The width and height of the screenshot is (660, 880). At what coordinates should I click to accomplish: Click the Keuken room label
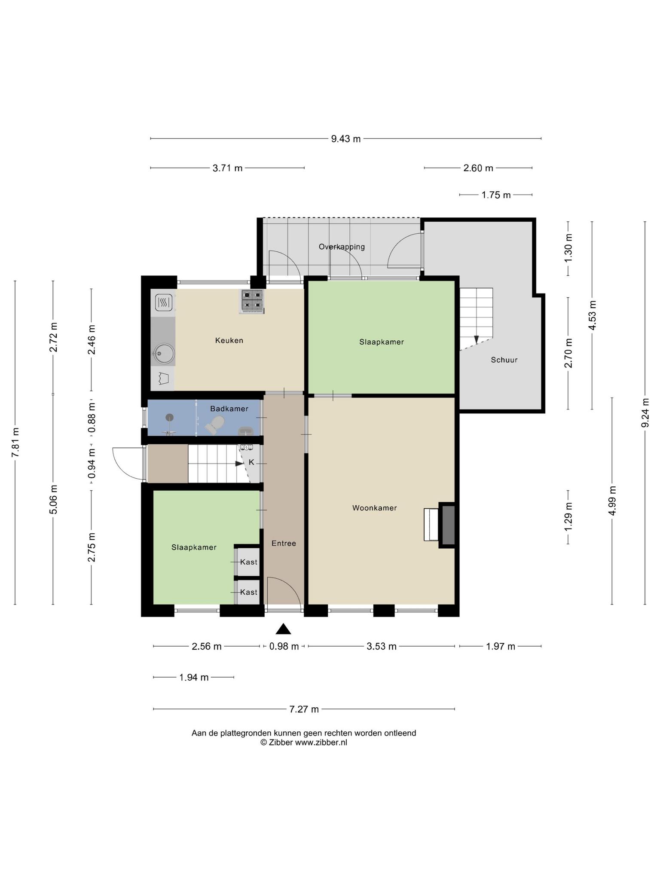point(229,341)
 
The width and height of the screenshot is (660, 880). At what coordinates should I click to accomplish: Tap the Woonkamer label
point(374,508)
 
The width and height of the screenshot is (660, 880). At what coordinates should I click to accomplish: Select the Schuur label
point(504,360)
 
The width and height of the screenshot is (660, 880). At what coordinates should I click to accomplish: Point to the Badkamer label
point(229,409)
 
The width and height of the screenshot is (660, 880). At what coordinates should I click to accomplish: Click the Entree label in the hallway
point(284,544)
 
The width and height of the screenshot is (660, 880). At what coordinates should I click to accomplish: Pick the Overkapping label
point(342,247)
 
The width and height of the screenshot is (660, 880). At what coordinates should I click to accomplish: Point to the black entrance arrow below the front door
point(283,629)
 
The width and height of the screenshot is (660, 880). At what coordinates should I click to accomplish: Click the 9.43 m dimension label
point(346,139)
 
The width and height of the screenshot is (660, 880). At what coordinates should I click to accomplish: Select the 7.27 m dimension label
point(304,709)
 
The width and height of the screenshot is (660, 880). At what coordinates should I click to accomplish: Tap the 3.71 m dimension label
point(228,168)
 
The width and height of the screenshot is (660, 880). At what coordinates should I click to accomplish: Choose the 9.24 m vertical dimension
point(645,412)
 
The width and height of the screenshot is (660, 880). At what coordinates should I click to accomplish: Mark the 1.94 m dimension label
point(194,678)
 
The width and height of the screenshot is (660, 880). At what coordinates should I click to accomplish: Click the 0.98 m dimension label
point(284,646)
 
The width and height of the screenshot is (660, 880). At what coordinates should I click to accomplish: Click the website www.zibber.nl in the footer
point(321,742)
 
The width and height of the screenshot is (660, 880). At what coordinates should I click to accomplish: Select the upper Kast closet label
point(249,562)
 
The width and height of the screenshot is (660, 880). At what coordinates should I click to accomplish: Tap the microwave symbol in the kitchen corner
point(163,302)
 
